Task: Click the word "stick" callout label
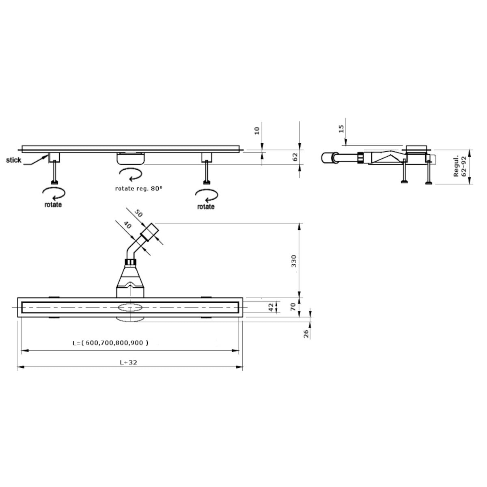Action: pyautogui.click(x=14, y=160)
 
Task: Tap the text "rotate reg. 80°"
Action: pyautogui.click(x=138, y=189)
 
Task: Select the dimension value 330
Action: pyautogui.click(x=294, y=261)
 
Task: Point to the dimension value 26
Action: pyautogui.click(x=306, y=334)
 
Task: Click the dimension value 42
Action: pyautogui.click(x=271, y=307)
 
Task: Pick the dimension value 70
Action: pyautogui.click(x=293, y=307)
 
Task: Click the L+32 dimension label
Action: pyautogui.click(x=128, y=362)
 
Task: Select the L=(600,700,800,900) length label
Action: pyautogui.click(x=110, y=343)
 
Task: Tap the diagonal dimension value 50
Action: pyautogui.click(x=138, y=213)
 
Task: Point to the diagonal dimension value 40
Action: pyautogui.click(x=127, y=225)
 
